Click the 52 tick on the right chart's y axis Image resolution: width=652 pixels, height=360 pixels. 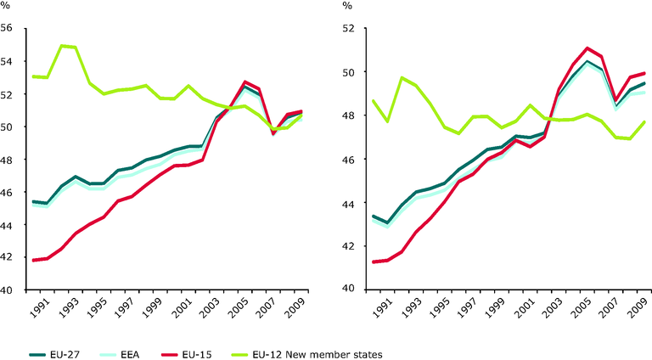coord(349,28)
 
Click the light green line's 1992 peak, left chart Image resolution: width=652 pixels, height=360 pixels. coord(61,45)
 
